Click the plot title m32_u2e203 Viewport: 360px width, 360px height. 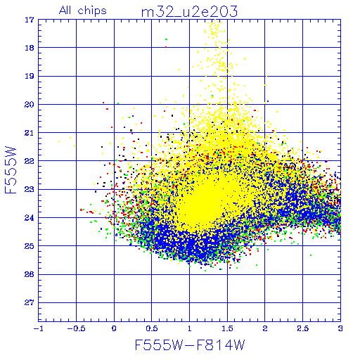[x=189, y=12]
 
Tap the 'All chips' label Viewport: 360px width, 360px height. [x=83, y=11]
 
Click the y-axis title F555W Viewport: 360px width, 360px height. [x=11, y=170]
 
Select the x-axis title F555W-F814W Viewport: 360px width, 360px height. [x=190, y=345]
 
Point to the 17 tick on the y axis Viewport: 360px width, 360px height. [x=30, y=20]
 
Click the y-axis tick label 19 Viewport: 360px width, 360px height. [x=30, y=76]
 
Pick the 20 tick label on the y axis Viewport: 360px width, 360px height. [x=30, y=105]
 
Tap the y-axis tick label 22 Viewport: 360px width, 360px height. [x=30, y=161]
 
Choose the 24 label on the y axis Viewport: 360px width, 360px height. [x=30, y=218]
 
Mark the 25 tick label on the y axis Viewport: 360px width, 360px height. [x=30, y=246]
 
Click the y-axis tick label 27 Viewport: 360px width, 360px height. [x=30, y=302]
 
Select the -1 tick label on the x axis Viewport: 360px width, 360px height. [x=38, y=328]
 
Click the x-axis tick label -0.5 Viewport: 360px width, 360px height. [x=76, y=328]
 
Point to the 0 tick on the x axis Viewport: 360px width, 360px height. [x=114, y=328]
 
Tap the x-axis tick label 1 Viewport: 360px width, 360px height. [x=189, y=328]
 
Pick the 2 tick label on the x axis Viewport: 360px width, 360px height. [x=265, y=328]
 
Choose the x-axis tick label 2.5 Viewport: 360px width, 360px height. [x=302, y=328]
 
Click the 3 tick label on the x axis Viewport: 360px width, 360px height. [x=340, y=328]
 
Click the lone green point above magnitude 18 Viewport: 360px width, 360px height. [x=166, y=39]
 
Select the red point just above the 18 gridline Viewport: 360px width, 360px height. [x=166, y=47]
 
